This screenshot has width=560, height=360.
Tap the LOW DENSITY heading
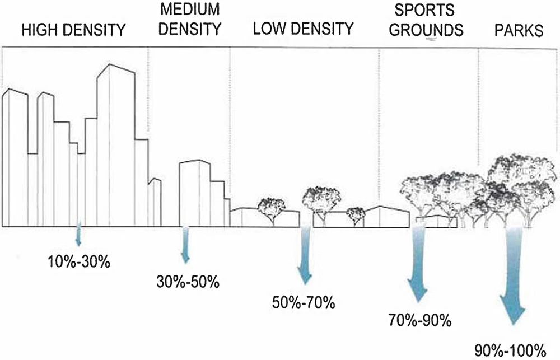[303, 29]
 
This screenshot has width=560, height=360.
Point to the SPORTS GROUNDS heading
[427, 20]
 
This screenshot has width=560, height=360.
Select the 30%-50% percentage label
[187, 281]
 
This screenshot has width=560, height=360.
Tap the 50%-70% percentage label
[304, 303]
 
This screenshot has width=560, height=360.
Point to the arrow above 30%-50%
[185, 246]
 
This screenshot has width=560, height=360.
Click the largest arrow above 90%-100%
[514, 280]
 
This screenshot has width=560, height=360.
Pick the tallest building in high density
[116, 146]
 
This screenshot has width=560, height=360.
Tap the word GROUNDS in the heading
[427, 29]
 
